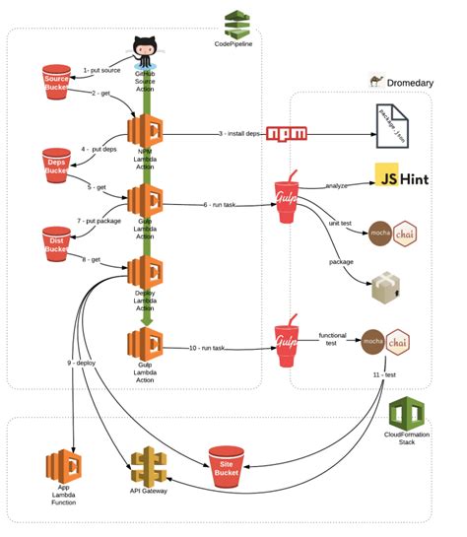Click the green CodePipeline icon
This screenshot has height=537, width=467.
coord(236,23)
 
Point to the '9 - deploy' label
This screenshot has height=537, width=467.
coord(87,364)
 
